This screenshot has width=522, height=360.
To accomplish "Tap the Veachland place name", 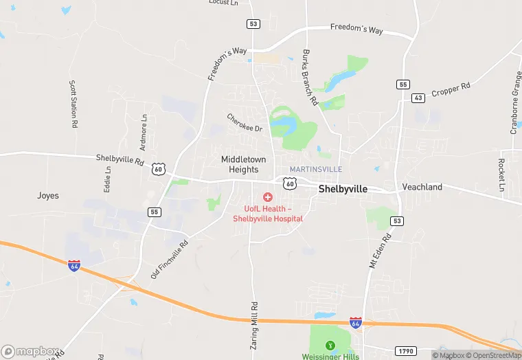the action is click(422, 187).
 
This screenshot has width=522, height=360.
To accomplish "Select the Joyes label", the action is click(48, 196).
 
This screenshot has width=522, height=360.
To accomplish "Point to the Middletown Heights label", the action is click(240, 164).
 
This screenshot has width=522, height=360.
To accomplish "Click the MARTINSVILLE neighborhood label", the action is click(315, 169).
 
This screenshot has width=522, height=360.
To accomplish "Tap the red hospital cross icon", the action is click(268, 197).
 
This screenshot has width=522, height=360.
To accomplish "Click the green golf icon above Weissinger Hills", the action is click(330, 345).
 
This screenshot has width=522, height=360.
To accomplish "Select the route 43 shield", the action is click(418, 98).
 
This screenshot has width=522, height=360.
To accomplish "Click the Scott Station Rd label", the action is click(72, 104).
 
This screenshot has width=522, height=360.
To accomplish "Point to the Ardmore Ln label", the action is click(144, 132).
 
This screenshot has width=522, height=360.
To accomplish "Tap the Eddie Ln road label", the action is click(108, 178).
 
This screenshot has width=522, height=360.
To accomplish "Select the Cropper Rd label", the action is click(451, 89).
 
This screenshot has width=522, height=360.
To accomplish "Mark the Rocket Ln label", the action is click(501, 175).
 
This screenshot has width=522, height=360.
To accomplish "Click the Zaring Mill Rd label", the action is click(253, 326).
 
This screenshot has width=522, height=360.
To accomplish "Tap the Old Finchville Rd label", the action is click(169, 259).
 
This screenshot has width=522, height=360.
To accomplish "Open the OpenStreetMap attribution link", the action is click(494, 355).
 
